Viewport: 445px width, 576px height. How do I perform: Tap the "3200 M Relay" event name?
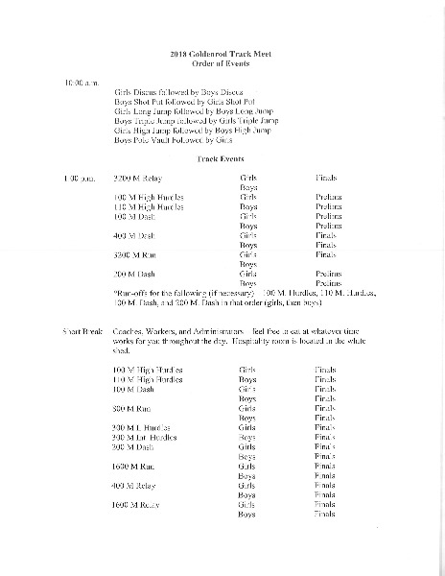click(138, 179)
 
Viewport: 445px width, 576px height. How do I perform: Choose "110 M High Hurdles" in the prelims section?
click(149, 206)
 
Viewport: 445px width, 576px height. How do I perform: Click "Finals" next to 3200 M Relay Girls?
click(326, 179)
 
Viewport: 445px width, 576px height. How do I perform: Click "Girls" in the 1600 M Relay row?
click(247, 505)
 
